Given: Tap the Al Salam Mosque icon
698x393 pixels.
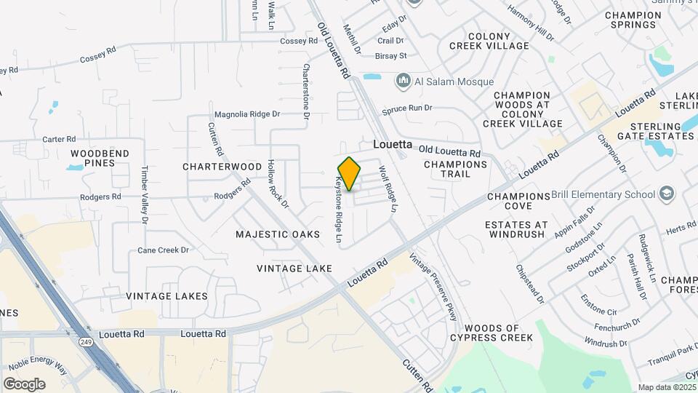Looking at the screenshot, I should pyautogui.click(x=402, y=81).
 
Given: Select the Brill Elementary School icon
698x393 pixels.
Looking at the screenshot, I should pyautogui.click(x=667, y=194).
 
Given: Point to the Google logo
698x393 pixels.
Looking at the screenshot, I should pyautogui.click(x=24, y=384).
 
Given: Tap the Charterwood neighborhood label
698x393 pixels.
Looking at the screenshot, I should pyautogui.click(x=222, y=167).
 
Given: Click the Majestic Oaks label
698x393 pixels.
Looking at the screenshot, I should pyautogui.click(x=278, y=234).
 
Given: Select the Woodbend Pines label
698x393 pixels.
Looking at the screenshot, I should pyautogui.click(x=100, y=158).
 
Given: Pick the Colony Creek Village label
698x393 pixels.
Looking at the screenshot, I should pyautogui.click(x=499, y=41).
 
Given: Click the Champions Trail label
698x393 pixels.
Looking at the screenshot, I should pyautogui.click(x=455, y=169).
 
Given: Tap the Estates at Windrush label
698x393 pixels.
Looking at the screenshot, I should pyautogui.click(x=517, y=230).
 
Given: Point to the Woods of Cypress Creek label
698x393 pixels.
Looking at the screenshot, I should pyautogui.click(x=492, y=333).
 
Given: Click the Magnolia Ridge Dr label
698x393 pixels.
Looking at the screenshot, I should pyautogui.click(x=247, y=114).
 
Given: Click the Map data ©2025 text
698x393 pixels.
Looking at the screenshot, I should pyautogui.click(x=666, y=387).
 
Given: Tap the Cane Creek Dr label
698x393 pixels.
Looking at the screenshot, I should pyautogui.click(x=163, y=250).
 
